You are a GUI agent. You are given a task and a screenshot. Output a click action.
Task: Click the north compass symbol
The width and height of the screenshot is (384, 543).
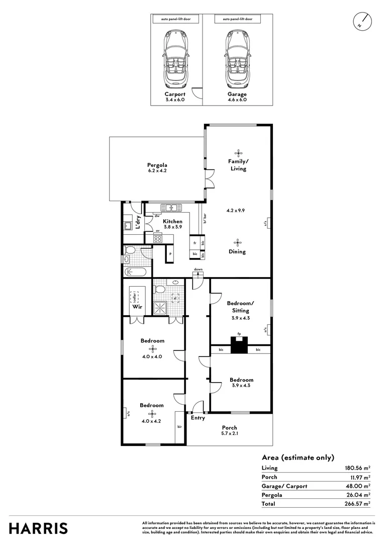click(x=362, y=21)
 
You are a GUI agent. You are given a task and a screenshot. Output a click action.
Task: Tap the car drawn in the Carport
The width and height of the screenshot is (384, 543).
click(x=175, y=59)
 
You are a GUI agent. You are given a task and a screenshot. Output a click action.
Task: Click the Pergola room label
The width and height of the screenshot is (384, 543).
click(x=157, y=167)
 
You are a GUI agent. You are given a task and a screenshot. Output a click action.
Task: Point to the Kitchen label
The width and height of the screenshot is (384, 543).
click(x=172, y=221)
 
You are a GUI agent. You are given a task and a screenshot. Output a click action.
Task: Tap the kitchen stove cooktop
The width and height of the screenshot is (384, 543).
click(x=157, y=239)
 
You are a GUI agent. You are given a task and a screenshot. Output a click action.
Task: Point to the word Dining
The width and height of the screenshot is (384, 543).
click(x=238, y=251)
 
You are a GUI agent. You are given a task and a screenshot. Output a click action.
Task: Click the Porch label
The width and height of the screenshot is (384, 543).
click(x=229, y=428)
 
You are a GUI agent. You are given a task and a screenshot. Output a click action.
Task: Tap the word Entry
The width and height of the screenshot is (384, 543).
click(x=198, y=418)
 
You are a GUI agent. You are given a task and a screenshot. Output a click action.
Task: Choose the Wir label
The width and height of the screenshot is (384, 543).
click(x=136, y=306)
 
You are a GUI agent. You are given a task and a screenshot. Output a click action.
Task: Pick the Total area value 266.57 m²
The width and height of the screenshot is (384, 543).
click(x=357, y=503)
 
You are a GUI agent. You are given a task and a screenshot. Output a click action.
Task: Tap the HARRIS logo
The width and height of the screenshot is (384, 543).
click(x=38, y=528)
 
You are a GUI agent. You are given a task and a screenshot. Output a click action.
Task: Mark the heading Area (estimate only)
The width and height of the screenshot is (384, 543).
click(x=298, y=458)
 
